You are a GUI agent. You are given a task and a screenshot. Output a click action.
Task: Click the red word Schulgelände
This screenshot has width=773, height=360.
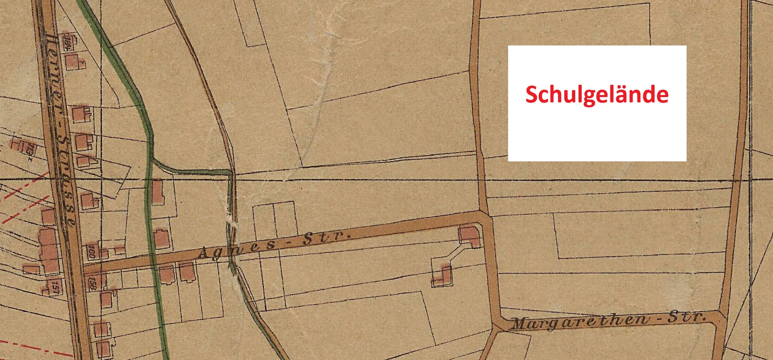click(597, 95)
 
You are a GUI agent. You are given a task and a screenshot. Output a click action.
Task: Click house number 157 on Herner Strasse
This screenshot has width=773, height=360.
click(55, 286)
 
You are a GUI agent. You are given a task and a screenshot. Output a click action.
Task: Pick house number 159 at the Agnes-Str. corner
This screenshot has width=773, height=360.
click(93, 283)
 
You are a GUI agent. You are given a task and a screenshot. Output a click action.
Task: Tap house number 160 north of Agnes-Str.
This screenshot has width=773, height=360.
click(91, 251)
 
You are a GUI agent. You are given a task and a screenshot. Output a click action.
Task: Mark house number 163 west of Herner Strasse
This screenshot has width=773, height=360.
click(29, 149)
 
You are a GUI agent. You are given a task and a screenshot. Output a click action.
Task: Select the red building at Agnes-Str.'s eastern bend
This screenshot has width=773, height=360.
click(469, 236)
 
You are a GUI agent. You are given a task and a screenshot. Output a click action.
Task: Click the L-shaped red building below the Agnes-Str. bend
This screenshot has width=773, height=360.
click(443, 276)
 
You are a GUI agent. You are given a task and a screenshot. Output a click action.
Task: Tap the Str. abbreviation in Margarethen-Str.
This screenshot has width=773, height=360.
click(686, 317)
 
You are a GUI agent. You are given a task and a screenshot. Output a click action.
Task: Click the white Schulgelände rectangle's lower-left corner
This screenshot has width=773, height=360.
click(509, 161)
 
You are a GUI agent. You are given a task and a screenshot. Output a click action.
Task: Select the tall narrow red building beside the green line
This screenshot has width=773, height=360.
click(157, 192)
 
